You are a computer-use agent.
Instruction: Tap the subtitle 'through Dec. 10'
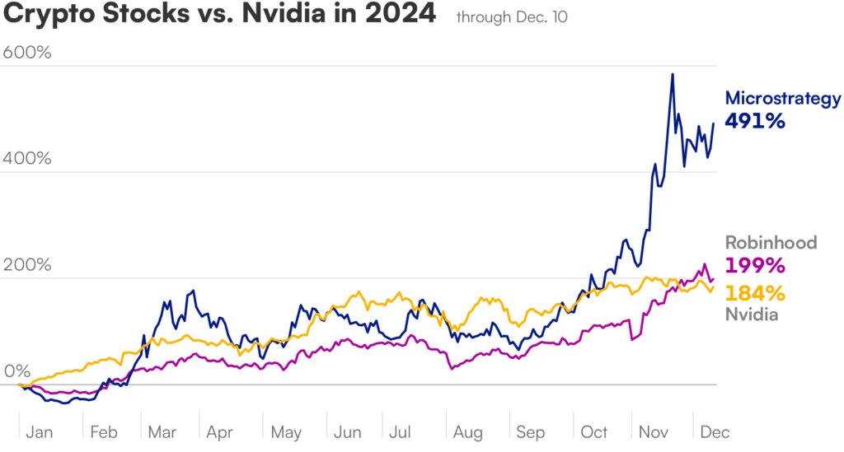(511, 17)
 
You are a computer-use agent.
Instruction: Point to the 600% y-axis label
(27, 52)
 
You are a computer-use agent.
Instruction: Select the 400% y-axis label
(27, 158)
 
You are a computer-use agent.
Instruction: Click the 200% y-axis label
(27, 265)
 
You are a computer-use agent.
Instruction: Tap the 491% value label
(754, 121)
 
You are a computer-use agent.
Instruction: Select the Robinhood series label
(771, 243)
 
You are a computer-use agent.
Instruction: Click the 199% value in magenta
(754, 265)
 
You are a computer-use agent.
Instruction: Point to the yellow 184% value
(754, 292)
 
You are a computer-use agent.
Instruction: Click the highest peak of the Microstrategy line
(673, 74)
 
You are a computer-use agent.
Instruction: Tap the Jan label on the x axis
(40, 431)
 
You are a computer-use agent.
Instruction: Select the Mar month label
(162, 431)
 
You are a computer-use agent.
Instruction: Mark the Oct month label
(593, 431)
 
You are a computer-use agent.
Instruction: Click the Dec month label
(714, 431)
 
